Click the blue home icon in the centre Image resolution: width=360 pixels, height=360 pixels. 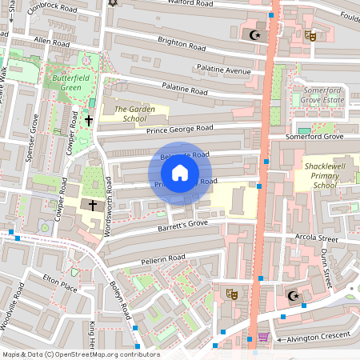[x=180, y=172]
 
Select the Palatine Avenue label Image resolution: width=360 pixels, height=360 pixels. [x=226, y=70]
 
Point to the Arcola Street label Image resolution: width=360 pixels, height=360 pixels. [x=316, y=238]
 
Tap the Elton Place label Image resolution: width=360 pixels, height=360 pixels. [x=59, y=282]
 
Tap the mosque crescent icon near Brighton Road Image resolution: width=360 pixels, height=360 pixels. [x=256, y=34]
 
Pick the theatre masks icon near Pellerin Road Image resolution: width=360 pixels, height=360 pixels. [x=231, y=294]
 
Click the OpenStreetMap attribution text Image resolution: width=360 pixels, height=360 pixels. [x=80, y=354]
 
